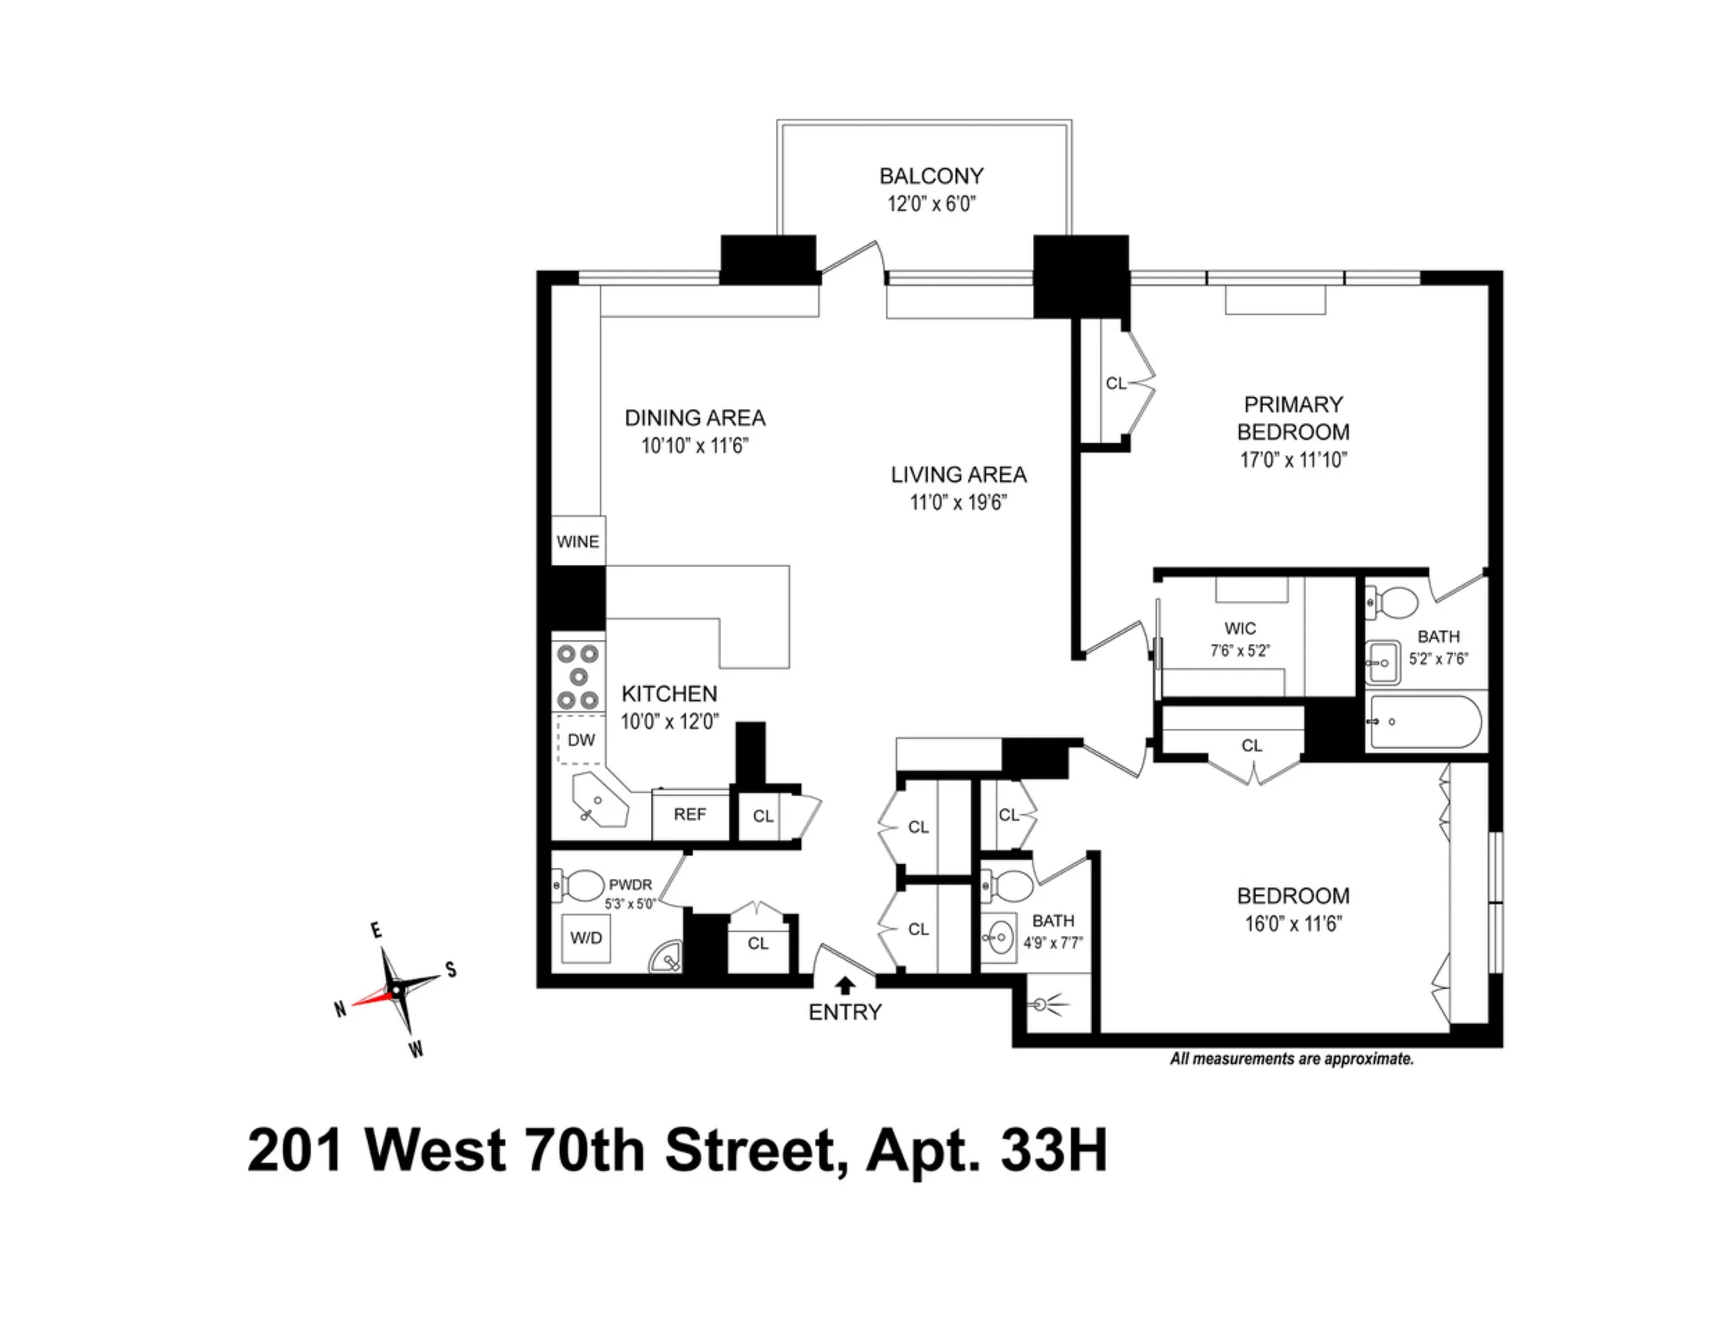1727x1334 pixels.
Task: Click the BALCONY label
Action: click(x=932, y=176)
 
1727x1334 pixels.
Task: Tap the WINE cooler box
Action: click(x=578, y=542)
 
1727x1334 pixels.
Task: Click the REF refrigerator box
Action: click(x=690, y=814)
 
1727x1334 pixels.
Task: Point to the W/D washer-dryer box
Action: click(x=586, y=938)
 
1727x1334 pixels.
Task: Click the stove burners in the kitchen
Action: click(x=578, y=677)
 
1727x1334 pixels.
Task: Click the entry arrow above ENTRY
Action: click(x=845, y=985)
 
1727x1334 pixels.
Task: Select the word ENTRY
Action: click(x=845, y=1012)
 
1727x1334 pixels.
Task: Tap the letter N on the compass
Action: click(x=340, y=1009)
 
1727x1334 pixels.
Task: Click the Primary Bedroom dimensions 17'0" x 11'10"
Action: click(x=1293, y=460)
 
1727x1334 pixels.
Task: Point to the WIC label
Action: click(x=1239, y=629)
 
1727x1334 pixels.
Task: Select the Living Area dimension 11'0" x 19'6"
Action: click(x=959, y=502)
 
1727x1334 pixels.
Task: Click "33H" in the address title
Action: click(x=1054, y=1151)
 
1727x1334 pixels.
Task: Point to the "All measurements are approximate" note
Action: click(x=1291, y=1059)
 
